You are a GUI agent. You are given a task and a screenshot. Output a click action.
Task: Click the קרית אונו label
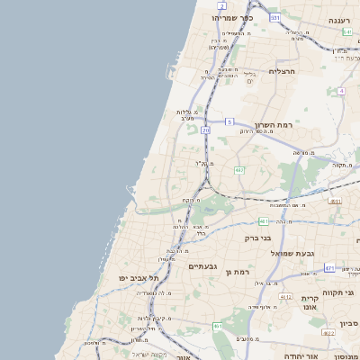coord(310,302)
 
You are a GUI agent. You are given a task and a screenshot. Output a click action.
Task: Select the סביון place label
coord(348,322)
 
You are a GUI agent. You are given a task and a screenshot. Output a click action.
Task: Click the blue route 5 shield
coord(229,121)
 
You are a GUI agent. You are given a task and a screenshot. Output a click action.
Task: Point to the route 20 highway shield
coord(205,130)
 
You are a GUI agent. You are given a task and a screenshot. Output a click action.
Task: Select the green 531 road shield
coord(274,17)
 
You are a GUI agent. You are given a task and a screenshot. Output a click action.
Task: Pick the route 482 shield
coord(238,169)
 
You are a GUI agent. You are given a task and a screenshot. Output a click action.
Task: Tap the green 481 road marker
coord(263,220)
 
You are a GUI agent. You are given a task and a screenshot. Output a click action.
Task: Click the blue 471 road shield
coord(329,267)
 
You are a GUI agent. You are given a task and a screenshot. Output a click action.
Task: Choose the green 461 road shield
coord(217,326)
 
